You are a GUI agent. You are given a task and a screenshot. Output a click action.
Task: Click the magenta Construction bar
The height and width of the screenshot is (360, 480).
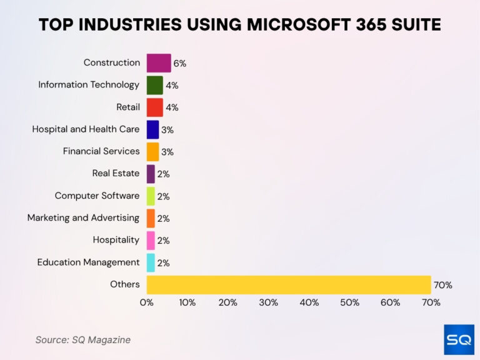click(159, 63)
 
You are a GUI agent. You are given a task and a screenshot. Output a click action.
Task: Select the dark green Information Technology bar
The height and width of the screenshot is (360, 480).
click(154, 85)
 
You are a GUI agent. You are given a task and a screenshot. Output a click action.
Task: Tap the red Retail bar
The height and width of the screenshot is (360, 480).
click(154, 107)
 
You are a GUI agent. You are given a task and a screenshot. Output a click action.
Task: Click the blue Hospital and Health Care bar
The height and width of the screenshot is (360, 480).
click(152, 129)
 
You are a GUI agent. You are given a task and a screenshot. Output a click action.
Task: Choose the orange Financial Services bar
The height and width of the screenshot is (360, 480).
click(152, 152)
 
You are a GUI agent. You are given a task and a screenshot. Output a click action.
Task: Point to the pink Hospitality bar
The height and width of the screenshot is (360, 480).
click(151, 241)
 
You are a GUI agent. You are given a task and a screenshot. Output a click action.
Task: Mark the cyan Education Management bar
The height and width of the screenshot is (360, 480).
click(151, 262)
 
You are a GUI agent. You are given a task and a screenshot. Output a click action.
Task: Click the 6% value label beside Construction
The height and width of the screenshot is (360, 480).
click(180, 63)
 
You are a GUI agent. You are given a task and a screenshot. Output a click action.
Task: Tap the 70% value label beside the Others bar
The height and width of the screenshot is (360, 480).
click(442, 285)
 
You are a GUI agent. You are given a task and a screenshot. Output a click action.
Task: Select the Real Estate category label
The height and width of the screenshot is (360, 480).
click(116, 174)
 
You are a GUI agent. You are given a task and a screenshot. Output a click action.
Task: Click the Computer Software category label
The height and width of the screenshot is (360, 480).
click(97, 196)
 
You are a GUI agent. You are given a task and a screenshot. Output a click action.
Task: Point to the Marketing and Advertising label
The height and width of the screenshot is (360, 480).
click(83, 218)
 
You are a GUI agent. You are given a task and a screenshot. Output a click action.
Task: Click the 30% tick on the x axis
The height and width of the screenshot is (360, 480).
click(269, 302)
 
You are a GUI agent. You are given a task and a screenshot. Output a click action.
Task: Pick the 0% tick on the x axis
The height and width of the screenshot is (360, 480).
click(147, 302)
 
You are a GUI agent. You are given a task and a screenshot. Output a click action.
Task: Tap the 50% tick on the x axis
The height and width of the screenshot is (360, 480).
click(350, 302)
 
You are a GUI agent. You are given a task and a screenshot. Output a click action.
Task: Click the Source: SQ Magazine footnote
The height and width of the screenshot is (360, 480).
click(83, 340)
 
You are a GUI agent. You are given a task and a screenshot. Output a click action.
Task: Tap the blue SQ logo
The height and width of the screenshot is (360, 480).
click(459, 339)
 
